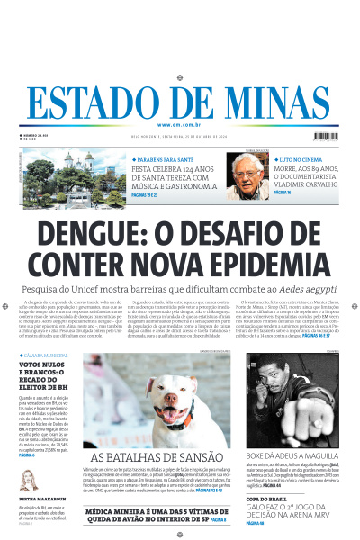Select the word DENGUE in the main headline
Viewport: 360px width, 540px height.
click(x=95, y=236)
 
